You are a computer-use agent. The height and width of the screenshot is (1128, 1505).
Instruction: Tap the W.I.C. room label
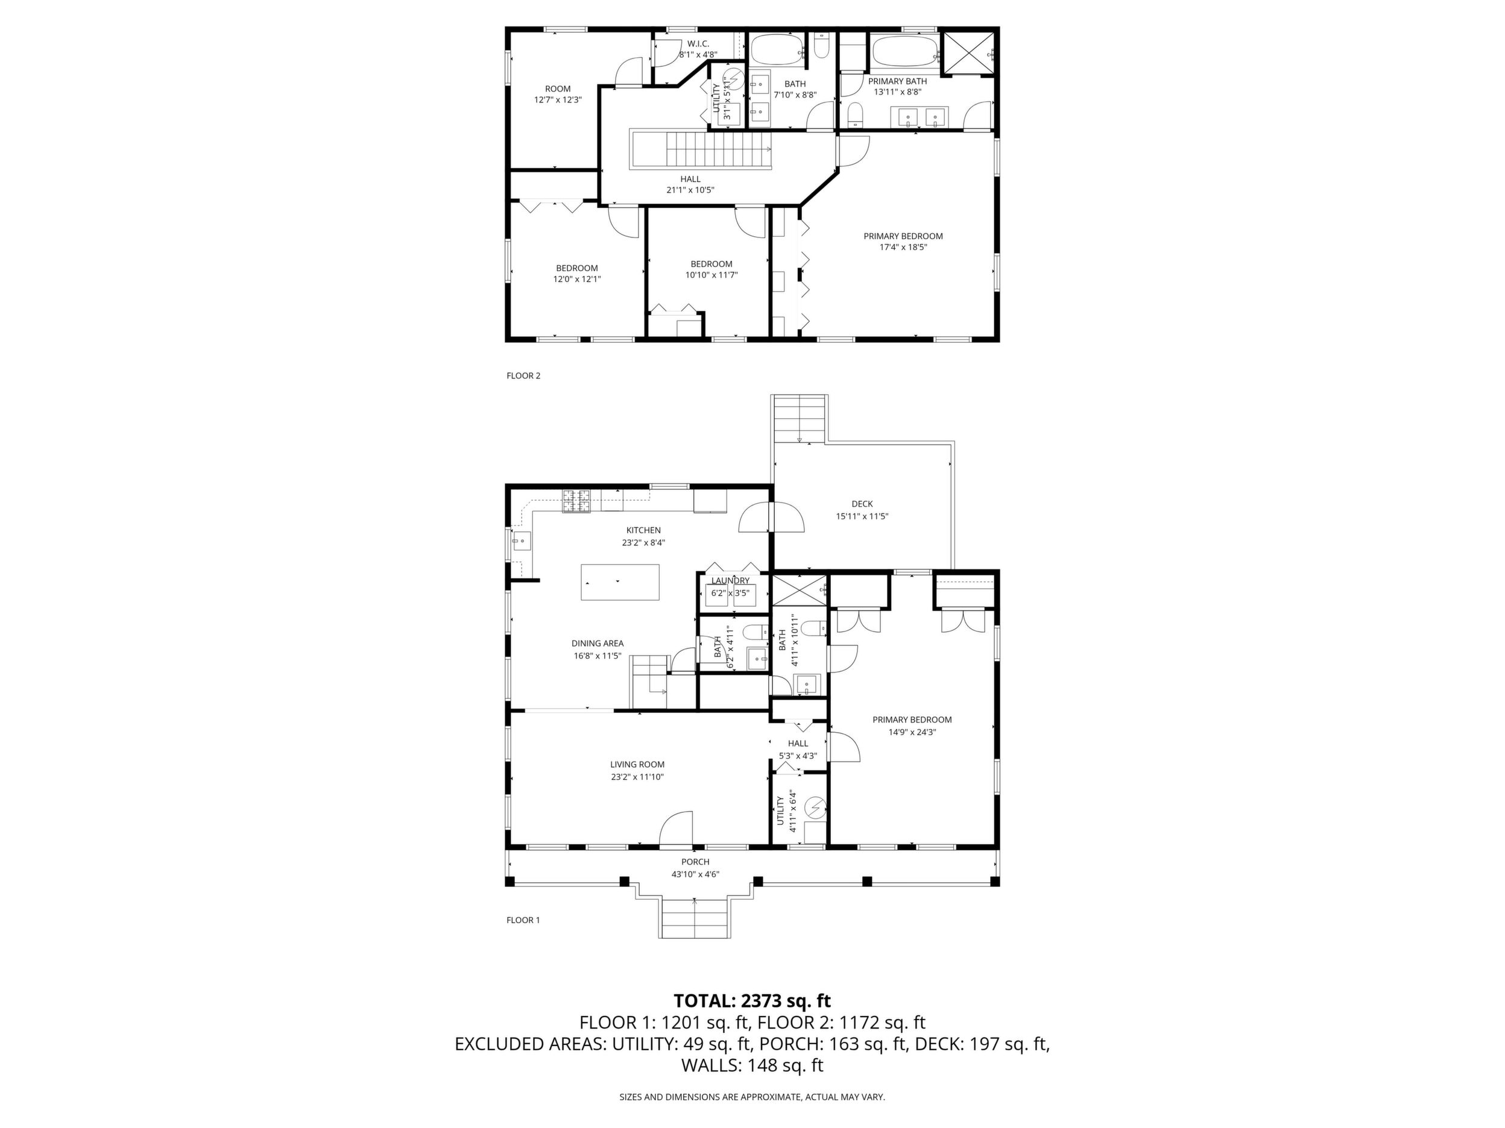(698, 44)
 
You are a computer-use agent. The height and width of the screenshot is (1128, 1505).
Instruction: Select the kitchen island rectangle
(620, 582)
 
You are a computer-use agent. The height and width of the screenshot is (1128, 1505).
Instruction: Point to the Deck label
(862, 504)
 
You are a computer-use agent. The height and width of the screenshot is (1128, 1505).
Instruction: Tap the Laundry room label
(731, 581)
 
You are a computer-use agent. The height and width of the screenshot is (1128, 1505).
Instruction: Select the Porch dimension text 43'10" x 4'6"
(695, 874)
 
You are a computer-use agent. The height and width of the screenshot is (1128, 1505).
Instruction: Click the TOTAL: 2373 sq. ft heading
(752, 1001)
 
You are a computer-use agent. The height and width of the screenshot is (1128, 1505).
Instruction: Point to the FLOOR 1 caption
(523, 920)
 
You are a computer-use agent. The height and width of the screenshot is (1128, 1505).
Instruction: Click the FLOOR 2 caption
(523, 375)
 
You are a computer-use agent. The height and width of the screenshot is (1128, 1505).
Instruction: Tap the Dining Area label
(598, 643)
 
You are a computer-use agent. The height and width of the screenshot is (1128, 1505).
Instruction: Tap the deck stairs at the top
(800, 418)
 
